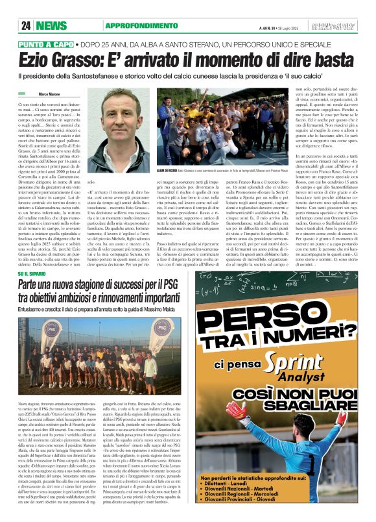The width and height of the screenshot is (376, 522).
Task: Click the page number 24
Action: pos(26,25)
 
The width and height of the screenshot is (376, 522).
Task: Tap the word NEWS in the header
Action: pos(51,25)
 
